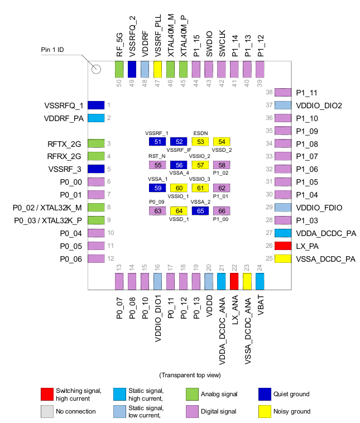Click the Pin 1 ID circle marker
(x=96, y=69)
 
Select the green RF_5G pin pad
(x=119, y=69)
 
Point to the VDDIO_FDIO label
(x=319, y=208)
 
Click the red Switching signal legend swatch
(x=48, y=394)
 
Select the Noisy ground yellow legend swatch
(x=266, y=411)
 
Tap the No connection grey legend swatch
(x=48, y=411)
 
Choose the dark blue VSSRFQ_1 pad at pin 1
(x=96, y=105)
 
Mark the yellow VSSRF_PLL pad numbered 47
(x=157, y=69)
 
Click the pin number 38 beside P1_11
(x=268, y=93)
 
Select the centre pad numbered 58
(x=222, y=165)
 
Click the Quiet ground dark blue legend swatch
(x=266, y=394)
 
